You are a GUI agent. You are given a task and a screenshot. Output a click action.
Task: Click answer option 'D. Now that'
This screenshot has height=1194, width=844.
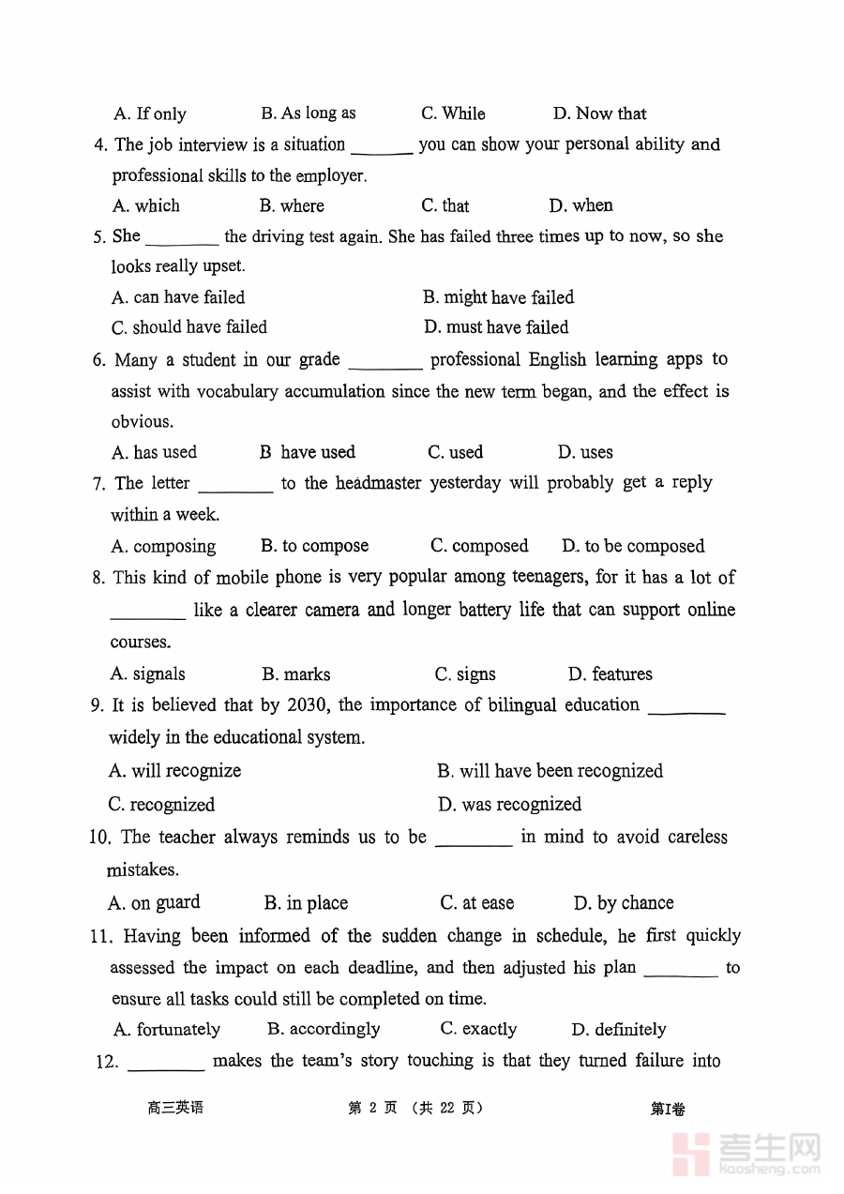599,113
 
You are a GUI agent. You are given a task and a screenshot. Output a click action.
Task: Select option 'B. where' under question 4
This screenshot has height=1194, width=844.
292,205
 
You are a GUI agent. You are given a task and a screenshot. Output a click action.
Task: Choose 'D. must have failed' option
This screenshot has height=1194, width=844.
496,327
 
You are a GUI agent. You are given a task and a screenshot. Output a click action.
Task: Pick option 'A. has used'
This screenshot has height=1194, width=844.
155,452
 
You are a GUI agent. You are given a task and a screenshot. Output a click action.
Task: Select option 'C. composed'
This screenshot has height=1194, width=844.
479,546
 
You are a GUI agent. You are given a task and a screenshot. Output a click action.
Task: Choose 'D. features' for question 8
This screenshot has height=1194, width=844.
610,674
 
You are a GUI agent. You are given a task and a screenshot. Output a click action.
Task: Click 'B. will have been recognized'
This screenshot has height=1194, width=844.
550,771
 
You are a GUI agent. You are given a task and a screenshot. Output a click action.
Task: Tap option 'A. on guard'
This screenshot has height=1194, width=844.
154,903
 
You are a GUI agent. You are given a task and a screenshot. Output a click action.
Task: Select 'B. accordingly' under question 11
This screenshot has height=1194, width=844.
324,1029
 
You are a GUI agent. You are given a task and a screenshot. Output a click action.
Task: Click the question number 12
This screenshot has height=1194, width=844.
107,1062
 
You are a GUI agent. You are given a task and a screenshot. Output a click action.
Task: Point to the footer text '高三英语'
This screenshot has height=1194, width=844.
175,1108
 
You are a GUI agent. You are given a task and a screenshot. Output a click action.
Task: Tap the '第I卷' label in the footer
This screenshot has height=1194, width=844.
668,1109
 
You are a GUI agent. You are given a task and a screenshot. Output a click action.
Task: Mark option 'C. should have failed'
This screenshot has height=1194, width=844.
189,327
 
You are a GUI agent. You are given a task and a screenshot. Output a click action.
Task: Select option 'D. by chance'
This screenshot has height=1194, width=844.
624,903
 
